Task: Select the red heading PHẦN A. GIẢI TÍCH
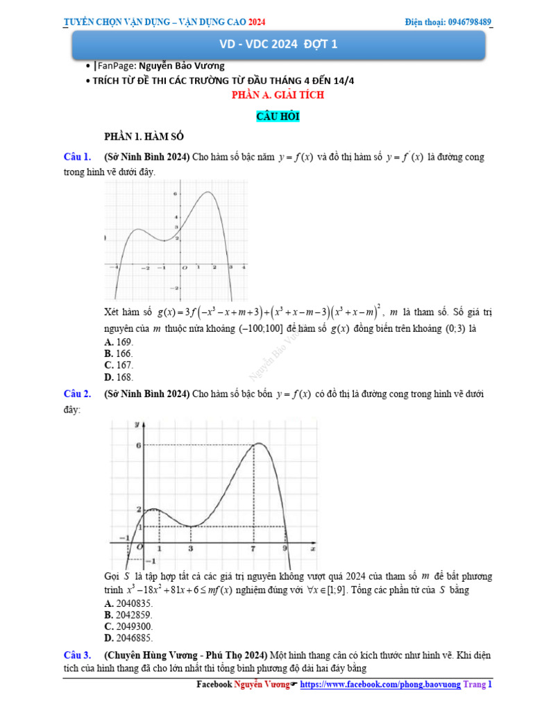278,95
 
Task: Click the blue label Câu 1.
77,157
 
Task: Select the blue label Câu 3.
77,655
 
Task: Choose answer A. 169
119,342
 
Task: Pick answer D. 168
119,377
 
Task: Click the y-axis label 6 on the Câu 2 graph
139,445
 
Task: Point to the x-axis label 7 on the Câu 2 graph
253,549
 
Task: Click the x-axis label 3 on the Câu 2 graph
191,549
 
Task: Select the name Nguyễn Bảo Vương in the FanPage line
182,66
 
